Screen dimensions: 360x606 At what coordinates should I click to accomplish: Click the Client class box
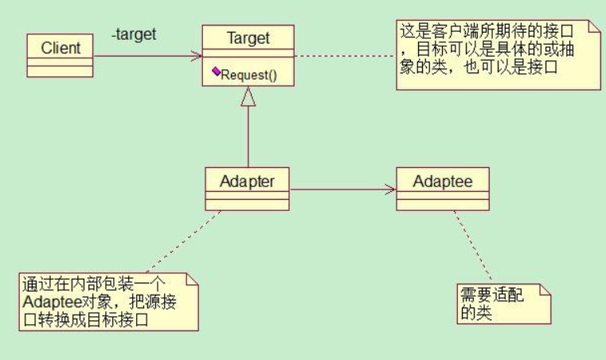pyautogui.click(x=61, y=55)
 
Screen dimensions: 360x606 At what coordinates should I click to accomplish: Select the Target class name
pyautogui.click(x=248, y=37)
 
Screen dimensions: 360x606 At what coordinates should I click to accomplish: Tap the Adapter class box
pyautogui.click(x=247, y=188)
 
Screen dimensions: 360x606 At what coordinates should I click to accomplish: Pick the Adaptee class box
pyautogui.click(x=443, y=188)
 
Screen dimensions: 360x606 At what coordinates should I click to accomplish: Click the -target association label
pyautogui.click(x=134, y=34)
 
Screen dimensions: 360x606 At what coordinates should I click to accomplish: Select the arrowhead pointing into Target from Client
pyautogui.click(x=196, y=56)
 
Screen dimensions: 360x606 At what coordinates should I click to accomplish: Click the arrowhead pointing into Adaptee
pyautogui.click(x=390, y=189)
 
